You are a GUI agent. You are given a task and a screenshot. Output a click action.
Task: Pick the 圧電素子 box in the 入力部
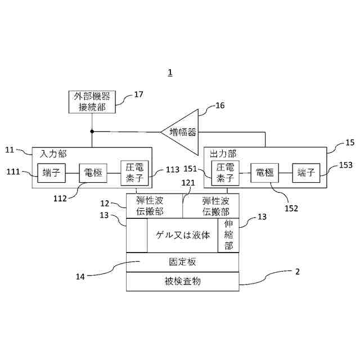coord(134,173)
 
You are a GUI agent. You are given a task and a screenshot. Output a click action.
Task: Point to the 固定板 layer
coord(182,262)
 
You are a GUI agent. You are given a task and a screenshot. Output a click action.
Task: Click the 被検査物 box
coord(182,281)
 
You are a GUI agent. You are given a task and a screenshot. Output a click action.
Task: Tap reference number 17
coord(138,94)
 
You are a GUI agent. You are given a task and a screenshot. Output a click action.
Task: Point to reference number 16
coord(220,105)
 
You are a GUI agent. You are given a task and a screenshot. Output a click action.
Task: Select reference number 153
coord(346,165)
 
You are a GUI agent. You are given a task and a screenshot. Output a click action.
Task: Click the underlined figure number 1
coord(170,73)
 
